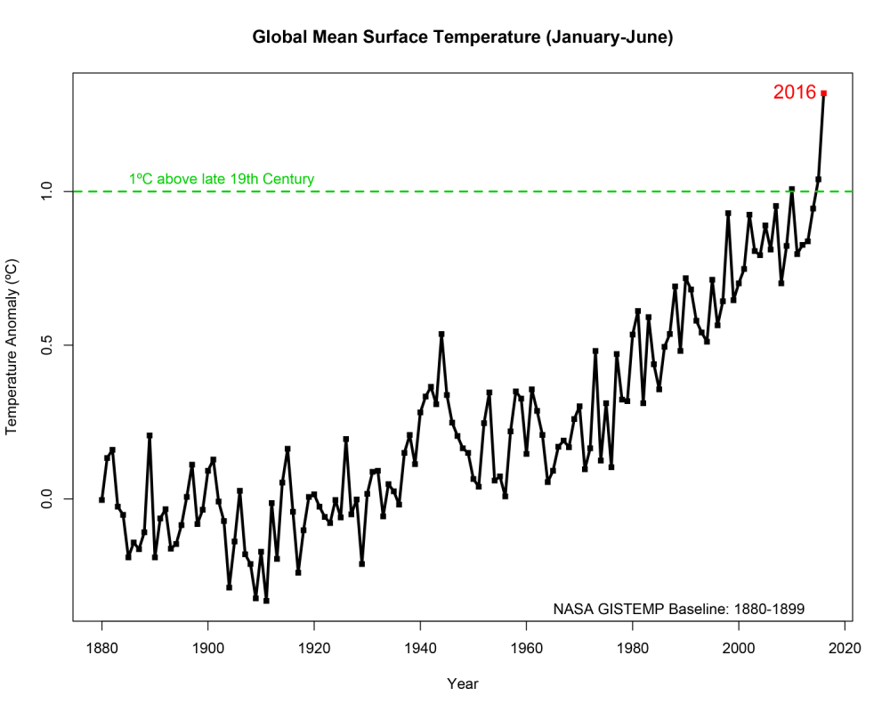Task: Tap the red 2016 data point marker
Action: point(824,93)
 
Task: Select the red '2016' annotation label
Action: point(794,92)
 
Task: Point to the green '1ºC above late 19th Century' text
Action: point(222,179)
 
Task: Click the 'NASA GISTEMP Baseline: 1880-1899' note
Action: point(679,610)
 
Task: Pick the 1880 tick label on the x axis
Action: point(101,649)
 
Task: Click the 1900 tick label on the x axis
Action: point(207,649)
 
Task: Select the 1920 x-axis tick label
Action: point(313,649)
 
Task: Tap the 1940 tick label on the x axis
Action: point(420,649)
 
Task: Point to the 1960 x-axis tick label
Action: point(526,649)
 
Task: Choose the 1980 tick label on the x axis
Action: point(632,649)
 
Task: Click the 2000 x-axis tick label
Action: point(738,649)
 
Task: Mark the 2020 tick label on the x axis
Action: point(844,649)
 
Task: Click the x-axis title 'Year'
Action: point(462,684)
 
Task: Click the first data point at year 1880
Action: point(101,499)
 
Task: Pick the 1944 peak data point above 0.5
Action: point(441,335)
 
